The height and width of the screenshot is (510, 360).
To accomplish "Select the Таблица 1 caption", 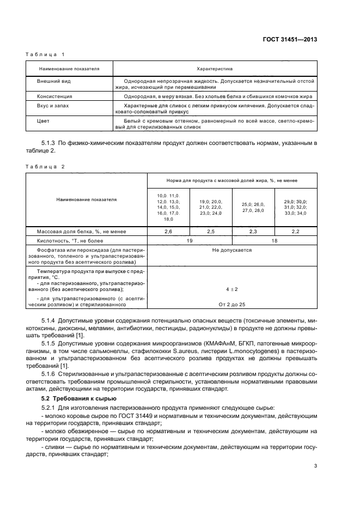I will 45,54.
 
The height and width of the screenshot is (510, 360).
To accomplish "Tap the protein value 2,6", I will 168,232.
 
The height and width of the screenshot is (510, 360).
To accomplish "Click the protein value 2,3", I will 253,232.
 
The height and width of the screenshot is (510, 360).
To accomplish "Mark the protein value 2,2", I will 296,232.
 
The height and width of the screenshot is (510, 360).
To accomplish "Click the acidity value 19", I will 190,240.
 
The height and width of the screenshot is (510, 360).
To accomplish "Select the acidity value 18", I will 274,240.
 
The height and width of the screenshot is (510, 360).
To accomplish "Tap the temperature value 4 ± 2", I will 232,289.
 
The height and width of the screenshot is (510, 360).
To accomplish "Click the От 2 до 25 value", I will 232,304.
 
